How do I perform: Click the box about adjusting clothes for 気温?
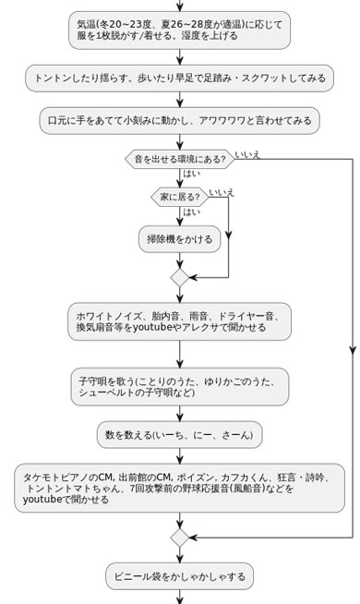click(179, 30)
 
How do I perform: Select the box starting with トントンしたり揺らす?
click(179, 79)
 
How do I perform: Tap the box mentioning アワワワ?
click(179, 120)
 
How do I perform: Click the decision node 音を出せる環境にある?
click(179, 159)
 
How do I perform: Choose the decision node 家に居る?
click(179, 197)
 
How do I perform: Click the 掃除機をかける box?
click(179, 239)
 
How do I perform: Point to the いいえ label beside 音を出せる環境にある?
click(247, 154)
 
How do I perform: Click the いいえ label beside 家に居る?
click(222, 192)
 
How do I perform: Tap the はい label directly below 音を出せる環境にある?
click(191, 174)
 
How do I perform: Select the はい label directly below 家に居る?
click(191, 211)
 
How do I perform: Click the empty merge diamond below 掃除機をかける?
click(179, 277)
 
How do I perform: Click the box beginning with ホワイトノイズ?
click(179, 321)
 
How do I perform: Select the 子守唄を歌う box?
click(179, 386)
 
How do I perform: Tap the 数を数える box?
click(179, 434)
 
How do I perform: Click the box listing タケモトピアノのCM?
click(179, 488)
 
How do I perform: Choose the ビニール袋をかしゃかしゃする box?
click(179, 576)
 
